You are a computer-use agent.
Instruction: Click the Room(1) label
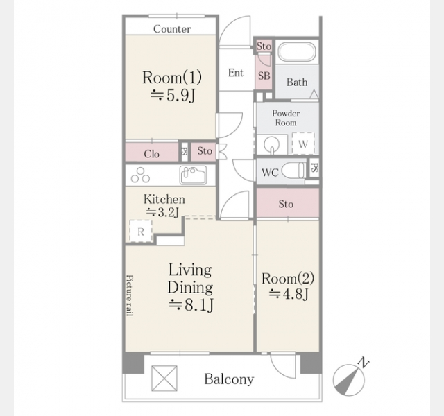pos(172,78)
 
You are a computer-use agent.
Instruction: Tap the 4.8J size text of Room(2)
pos(289,294)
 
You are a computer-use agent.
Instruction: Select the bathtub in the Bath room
pos(296,52)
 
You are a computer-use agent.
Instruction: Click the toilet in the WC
pos(294,171)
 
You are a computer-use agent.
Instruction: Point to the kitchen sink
pos(193,175)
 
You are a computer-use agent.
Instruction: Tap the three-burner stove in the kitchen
pos(140,175)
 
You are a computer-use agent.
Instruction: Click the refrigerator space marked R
pos(141,231)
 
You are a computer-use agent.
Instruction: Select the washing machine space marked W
pos(303,144)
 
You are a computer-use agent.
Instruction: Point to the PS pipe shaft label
pos(314,168)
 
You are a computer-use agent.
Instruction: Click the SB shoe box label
pos(264,76)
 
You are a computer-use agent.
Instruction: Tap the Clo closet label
pos(151,154)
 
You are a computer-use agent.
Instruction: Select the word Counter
pos(172,29)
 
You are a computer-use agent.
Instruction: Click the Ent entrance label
pos(236,73)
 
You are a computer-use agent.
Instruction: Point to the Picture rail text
pos(130,295)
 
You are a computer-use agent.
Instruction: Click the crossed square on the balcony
pos(164,379)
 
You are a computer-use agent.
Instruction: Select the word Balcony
pos(229,379)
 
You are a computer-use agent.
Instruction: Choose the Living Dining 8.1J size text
pos(191,305)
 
